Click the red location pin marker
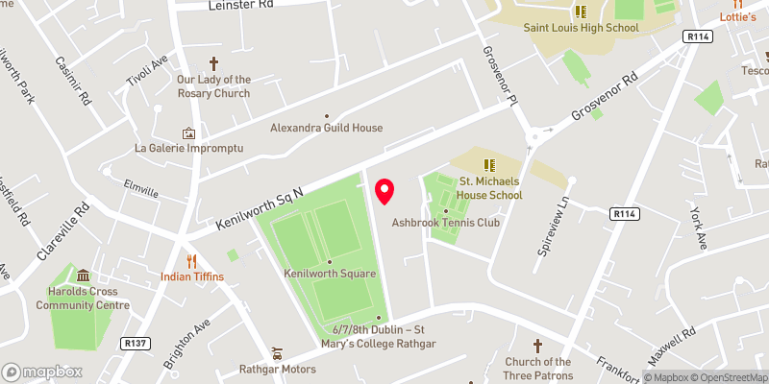[x=384, y=191]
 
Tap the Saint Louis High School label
[x=581, y=28]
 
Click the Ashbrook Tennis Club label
[x=446, y=223]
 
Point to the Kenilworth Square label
[x=329, y=274]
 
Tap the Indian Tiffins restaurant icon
[x=192, y=260]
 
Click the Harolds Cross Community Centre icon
[x=83, y=276]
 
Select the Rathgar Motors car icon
[x=278, y=351]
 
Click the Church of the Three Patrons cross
[x=537, y=346]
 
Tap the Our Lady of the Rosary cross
[x=213, y=61]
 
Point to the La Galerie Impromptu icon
[x=188, y=133]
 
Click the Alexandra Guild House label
[x=326, y=128]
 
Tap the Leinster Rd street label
[x=240, y=5]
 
